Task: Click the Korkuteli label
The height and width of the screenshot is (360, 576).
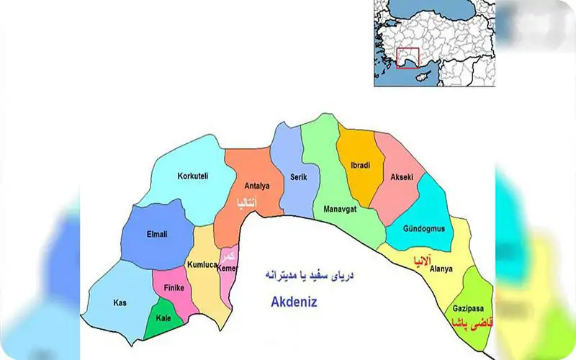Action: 193,176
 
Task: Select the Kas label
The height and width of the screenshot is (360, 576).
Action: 120,302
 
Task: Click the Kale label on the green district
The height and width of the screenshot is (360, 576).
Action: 163,318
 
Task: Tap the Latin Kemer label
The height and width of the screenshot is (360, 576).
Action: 228,269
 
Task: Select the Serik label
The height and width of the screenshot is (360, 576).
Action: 289,175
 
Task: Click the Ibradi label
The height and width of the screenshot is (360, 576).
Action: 360,166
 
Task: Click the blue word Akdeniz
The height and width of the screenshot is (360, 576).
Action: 294,303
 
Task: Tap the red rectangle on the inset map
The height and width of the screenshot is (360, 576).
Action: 408,59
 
